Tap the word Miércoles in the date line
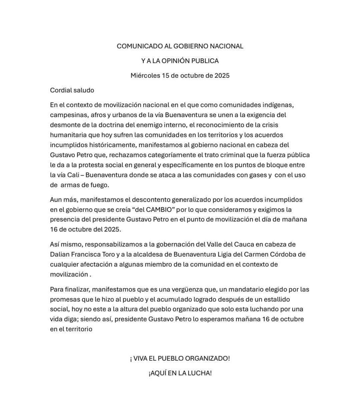[x=145, y=75]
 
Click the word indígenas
[x=278, y=105]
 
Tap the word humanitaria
[x=68, y=135]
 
